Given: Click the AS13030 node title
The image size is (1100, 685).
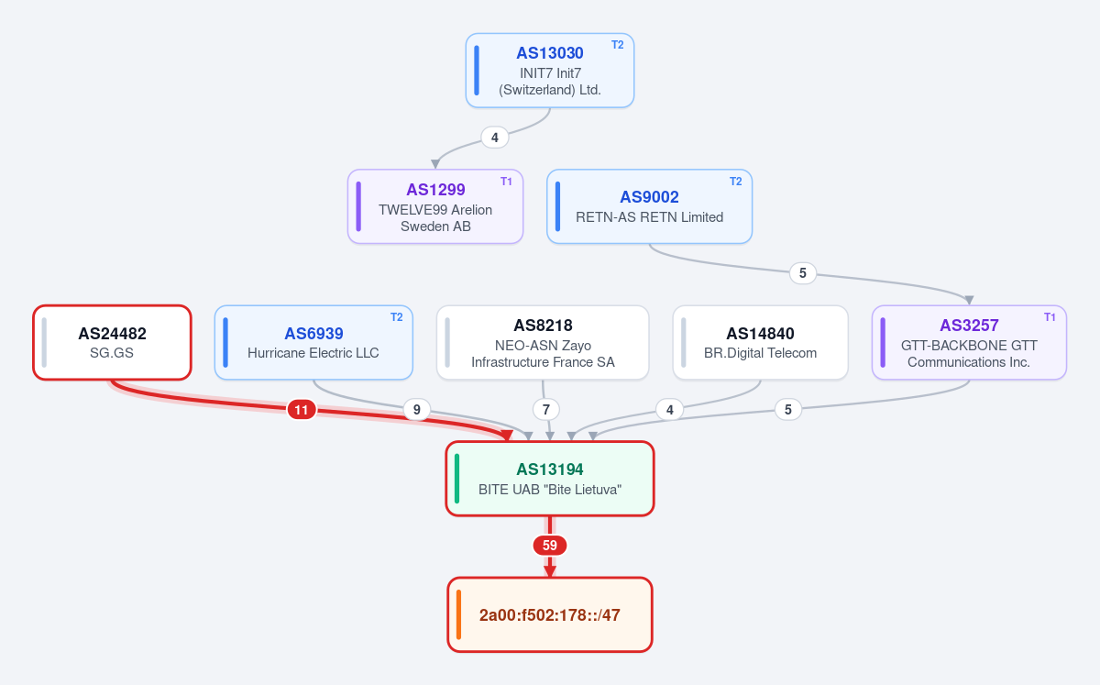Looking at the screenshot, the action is [x=549, y=53].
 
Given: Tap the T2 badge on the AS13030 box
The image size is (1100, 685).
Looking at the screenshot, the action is [x=617, y=45].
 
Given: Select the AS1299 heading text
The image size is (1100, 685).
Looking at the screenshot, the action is [x=435, y=190].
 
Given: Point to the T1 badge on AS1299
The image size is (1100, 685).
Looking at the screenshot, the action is [x=506, y=182].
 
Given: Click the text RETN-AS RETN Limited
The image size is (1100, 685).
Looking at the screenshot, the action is [x=649, y=217].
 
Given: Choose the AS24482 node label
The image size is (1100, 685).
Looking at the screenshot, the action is [x=112, y=334].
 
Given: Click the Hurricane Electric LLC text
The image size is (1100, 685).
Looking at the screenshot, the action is [x=313, y=353].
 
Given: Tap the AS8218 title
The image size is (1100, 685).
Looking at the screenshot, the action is [x=543, y=326].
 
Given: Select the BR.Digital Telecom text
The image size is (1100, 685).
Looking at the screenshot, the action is [x=760, y=353].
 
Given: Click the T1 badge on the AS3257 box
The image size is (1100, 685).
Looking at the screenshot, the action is [x=1050, y=317].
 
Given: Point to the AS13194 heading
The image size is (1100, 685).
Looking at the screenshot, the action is [x=549, y=470].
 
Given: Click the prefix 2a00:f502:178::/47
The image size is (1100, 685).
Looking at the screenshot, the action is [x=549, y=615].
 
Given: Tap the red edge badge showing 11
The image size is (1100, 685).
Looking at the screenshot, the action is [x=302, y=409].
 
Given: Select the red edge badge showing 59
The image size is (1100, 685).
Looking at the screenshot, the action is [x=549, y=546].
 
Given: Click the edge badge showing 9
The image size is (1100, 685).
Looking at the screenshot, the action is [x=416, y=409].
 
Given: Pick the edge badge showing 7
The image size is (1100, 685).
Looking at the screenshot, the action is [x=545, y=409].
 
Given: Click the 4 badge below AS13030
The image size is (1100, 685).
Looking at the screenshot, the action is [x=494, y=138].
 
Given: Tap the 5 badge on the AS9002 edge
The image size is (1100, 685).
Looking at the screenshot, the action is [x=802, y=273].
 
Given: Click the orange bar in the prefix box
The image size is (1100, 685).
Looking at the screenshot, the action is [x=458, y=614].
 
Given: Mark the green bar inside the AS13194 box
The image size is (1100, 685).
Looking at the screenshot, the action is [x=457, y=479].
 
